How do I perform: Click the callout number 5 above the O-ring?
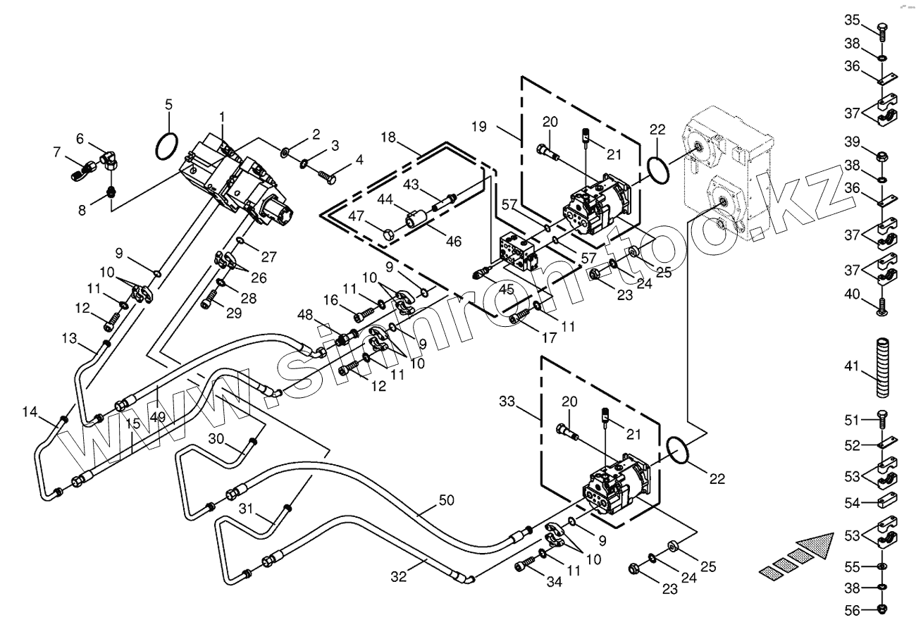[x=168, y=105]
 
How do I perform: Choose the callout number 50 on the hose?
[x=446, y=500]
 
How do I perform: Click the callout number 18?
[x=388, y=136]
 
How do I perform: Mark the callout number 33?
[x=507, y=402]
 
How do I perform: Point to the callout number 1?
[x=222, y=116]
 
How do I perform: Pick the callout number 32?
[x=399, y=576]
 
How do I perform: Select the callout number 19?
[x=479, y=127]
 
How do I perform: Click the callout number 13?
[x=68, y=338]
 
